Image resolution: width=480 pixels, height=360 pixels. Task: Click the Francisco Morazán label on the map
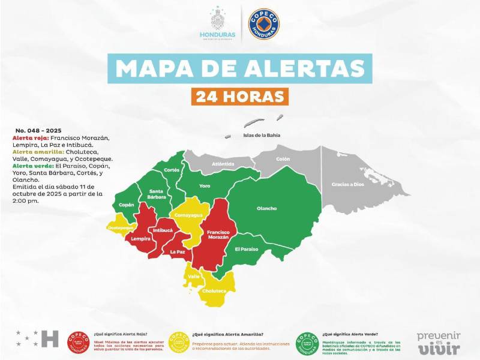[218, 234]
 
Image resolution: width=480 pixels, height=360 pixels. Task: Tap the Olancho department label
[266, 208]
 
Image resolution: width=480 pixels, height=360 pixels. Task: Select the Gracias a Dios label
[348, 184]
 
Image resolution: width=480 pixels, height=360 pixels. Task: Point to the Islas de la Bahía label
[262, 135]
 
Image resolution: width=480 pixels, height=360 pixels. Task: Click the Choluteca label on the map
[214, 291]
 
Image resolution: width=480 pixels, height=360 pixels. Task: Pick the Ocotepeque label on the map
[120, 228]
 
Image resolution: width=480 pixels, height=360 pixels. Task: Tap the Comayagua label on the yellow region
[187, 214]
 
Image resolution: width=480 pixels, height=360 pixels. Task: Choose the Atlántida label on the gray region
[223, 164]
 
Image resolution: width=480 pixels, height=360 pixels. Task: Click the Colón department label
[283, 159]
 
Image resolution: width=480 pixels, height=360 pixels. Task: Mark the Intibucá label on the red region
[163, 230]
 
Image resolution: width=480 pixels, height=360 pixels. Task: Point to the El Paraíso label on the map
[246, 248]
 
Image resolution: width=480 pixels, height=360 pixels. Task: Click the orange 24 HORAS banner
[240, 95]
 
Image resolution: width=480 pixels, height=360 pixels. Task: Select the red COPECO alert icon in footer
[78, 343]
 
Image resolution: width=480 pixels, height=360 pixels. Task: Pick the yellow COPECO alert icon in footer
[179, 343]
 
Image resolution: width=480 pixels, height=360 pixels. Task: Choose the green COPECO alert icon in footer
[308, 343]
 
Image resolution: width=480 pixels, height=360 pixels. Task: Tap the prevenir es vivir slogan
[439, 343]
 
